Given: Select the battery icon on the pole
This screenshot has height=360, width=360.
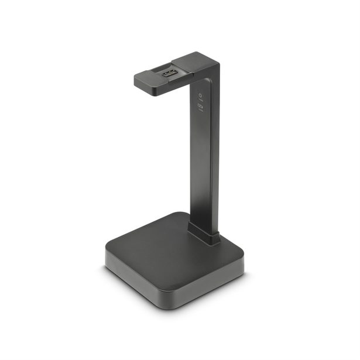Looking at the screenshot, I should point(200,107).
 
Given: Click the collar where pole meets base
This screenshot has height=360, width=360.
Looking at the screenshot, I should point(204,235).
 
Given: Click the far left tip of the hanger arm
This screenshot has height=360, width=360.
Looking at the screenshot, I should point(135,80).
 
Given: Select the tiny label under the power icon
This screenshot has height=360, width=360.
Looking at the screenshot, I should point(200,101).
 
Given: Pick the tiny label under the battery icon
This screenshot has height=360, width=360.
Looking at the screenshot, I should point(200,112).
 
